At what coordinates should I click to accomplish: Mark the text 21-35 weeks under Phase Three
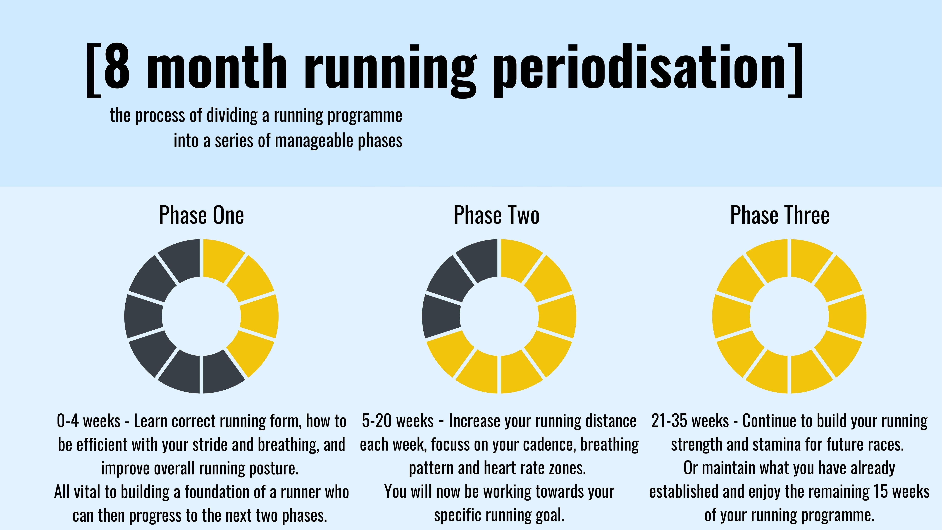(690, 421)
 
